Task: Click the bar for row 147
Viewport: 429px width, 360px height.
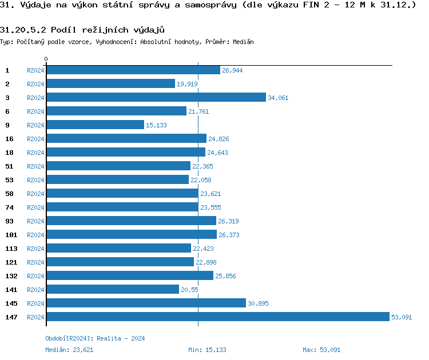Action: point(217,317)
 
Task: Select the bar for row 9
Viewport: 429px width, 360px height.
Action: point(95,125)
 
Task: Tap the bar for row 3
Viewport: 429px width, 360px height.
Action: point(156,98)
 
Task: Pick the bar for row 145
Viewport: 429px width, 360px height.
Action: point(146,303)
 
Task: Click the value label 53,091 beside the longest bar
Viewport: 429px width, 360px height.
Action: point(401,317)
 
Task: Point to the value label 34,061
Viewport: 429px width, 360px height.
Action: point(278,98)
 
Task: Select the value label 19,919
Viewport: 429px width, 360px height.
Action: point(187,84)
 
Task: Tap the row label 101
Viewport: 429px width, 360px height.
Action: point(11,235)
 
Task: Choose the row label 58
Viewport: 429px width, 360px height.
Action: point(9,194)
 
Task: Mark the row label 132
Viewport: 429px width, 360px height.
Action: point(11,276)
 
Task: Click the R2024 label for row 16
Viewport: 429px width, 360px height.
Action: point(35,139)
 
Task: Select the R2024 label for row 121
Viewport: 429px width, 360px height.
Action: point(35,262)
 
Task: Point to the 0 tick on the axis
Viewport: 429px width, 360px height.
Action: point(46,59)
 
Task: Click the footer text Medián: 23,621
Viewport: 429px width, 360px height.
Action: point(69,350)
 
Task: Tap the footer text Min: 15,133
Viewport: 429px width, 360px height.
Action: point(207,350)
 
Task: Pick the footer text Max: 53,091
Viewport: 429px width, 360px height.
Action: point(321,350)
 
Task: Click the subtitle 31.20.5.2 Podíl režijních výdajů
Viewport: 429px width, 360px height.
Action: point(78,30)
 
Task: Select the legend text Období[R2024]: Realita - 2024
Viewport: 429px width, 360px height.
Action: point(95,338)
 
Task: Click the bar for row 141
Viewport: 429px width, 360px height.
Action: point(112,290)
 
